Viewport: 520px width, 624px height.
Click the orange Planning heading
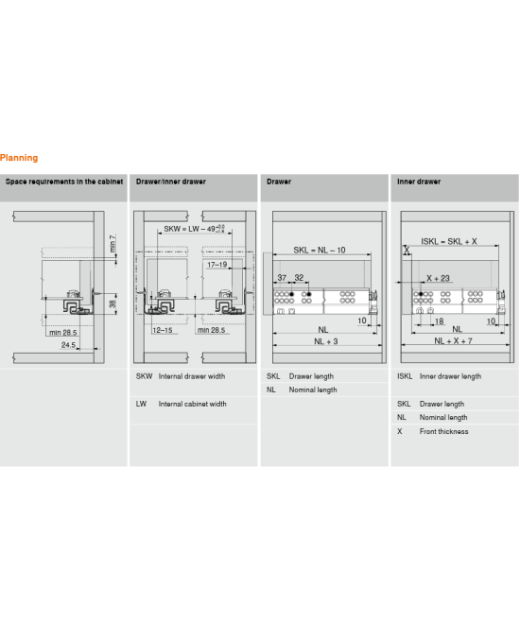19,158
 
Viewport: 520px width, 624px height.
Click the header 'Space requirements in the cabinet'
64,182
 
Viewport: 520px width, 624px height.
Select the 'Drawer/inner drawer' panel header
171,182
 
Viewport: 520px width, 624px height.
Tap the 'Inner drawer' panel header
419,182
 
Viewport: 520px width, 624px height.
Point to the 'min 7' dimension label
113,243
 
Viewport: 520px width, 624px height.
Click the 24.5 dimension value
68,345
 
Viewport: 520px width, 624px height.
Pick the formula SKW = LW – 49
194,229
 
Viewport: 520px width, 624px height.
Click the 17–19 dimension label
217,265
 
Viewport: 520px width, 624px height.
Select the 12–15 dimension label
163,330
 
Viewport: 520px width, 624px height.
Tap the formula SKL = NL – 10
319,250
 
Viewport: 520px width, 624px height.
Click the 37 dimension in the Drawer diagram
282,277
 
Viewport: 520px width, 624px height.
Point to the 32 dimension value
299,277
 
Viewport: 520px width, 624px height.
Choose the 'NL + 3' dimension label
325,341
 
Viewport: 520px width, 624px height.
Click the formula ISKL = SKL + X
449,241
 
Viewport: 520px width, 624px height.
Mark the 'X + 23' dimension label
438,278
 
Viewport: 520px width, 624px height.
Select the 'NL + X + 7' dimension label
453,341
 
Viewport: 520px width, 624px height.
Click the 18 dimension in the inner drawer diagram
440,321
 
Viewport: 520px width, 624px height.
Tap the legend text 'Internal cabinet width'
192,404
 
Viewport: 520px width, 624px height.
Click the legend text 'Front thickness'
443,431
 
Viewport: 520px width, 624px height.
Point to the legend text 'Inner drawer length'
450,376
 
